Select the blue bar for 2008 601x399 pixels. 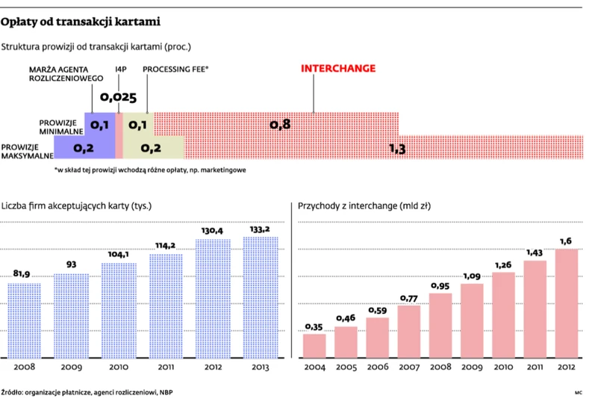click(x=25, y=320)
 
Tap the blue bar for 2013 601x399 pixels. click(x=260, y=297)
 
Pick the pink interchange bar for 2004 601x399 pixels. click(x=314, y=344)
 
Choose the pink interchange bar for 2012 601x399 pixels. click(x=567, y=303)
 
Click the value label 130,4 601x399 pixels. click(x=213, y=231)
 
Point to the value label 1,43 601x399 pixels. click(x=535, y=253)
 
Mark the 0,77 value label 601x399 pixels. click(x=409, y=298)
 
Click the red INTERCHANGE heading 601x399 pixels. click(x=338, y=69)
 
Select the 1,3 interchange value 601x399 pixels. click(x=397, y=149)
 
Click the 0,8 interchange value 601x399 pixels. click(x=280, y=124)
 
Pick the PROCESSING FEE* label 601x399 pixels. click(x=175, y=69)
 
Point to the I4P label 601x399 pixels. click(x=121, y=69)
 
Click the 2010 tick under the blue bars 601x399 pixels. click(x=119, y=368)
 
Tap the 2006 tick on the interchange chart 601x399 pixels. click(x=378, y=368)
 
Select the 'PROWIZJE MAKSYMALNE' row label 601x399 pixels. click(x=27, y=152)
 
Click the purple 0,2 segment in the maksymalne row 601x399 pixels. click(x=84, y=148)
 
